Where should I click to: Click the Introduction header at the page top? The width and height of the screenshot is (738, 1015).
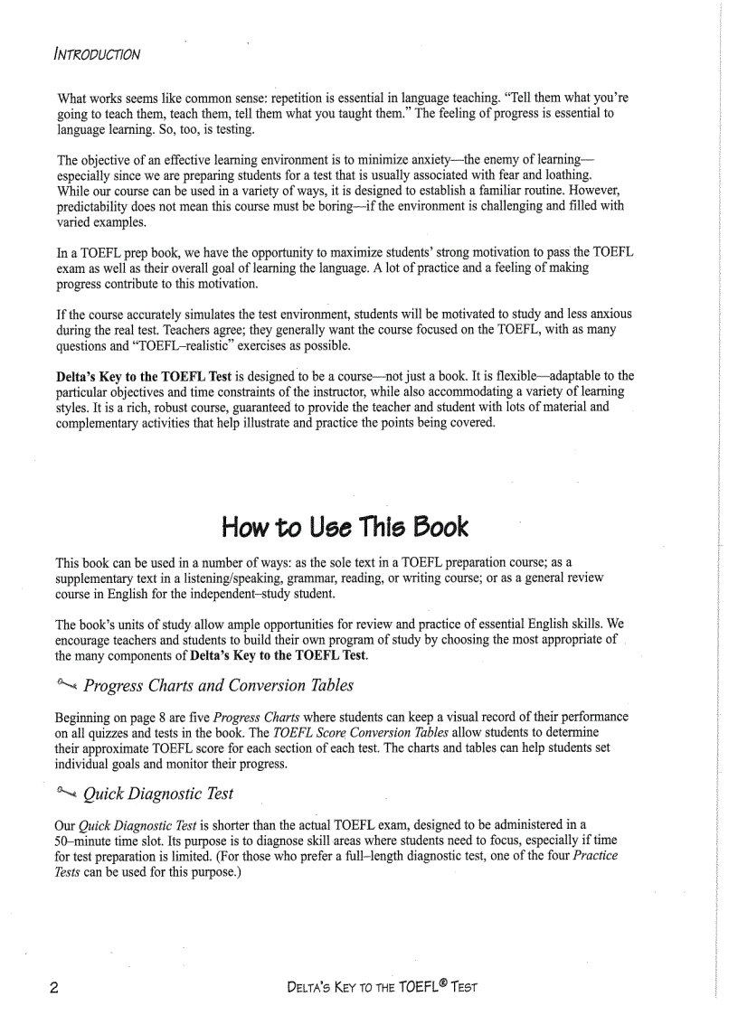pyautogui.click(x=97, y=53)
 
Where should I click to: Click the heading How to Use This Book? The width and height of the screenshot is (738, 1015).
pyautogui.click(x=345, y=526)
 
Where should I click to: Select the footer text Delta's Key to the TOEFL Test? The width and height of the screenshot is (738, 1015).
pyautogui.click(x=381, y=985)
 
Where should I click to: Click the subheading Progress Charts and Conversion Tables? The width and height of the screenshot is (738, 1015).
pyautogui.click(x=218, y=685)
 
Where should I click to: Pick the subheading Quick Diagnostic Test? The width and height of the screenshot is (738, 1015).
pyautogui.click(x=158, y=794)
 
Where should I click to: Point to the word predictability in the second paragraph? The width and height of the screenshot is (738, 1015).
pyautogui.click(x=97, y=207)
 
